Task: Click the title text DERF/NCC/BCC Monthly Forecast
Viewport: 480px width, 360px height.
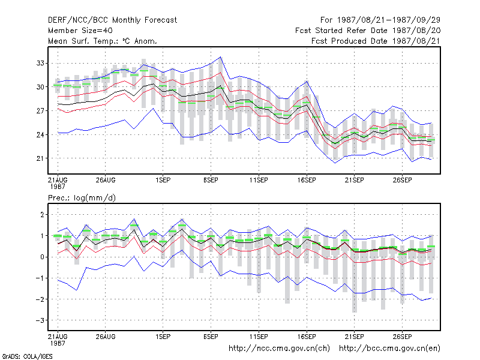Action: (112, 20)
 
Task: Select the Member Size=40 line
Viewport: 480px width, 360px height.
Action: (80, 31)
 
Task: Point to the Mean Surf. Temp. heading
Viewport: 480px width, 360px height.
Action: (103, 41)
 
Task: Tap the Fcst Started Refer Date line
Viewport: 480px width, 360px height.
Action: (368, 31)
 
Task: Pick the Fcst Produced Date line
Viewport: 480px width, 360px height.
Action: (376, 41)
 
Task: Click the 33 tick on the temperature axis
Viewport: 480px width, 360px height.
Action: (40, 63)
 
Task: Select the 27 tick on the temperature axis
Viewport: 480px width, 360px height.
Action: (40, 110)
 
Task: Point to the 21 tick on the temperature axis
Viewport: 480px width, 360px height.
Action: (40, 158)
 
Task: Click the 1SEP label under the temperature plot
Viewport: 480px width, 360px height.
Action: (163, 180)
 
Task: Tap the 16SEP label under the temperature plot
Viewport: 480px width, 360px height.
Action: (307, 180)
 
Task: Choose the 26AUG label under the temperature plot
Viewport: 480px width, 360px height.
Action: (106, 180)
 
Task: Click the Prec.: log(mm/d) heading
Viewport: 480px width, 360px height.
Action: (82, 198)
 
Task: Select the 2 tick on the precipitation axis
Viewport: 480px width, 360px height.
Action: (42, 215)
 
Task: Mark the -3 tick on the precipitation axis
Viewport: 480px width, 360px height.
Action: (40, 320)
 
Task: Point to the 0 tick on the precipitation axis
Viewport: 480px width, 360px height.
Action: (42, 257)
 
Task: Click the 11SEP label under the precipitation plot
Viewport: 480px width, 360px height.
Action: (259, 337)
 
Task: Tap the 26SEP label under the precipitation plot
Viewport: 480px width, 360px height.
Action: (402, 337)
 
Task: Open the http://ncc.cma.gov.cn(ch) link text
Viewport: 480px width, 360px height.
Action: (279, 349)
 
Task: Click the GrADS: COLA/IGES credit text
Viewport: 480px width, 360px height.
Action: (27, 356)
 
